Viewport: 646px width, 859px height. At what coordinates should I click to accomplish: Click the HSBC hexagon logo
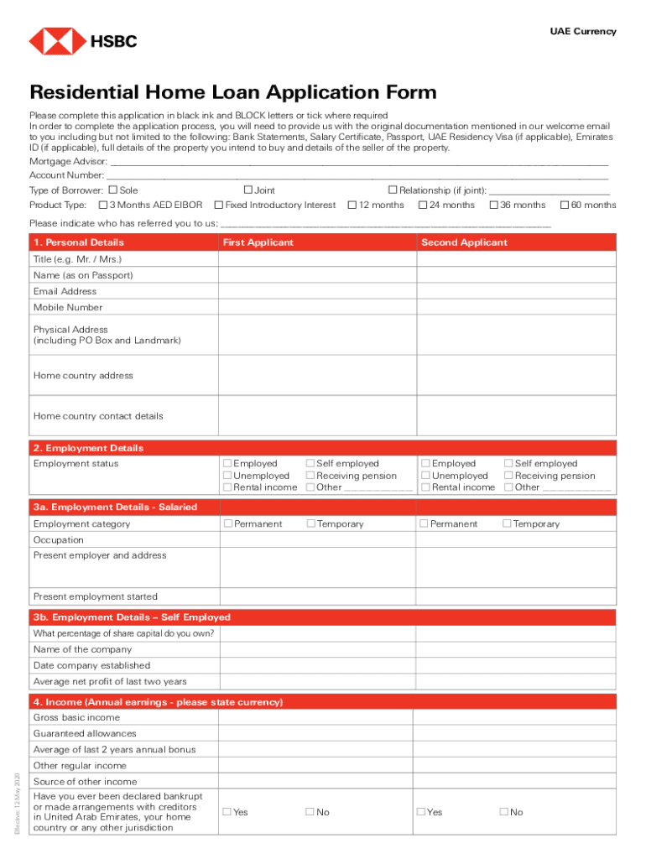(57, 40)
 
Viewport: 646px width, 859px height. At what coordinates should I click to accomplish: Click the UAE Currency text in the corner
(582, 32)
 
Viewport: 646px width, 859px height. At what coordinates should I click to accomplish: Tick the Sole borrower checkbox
(113, 190)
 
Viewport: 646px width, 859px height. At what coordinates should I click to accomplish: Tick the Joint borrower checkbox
(247, 190)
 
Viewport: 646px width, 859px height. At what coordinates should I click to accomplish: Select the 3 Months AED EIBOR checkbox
(103, 205)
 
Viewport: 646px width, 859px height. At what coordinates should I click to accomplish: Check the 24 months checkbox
(423, 205)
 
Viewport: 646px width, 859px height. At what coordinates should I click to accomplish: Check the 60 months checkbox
(565, 205)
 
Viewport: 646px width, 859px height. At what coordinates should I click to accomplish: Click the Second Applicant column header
(464, 242)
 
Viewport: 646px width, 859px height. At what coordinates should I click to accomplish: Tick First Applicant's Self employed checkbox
(310, 463)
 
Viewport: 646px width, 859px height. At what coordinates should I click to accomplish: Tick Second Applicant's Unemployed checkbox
(425, 476)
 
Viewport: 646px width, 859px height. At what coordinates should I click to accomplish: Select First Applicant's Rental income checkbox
(227, 487)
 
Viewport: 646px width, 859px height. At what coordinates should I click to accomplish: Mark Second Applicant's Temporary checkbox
(507, 524)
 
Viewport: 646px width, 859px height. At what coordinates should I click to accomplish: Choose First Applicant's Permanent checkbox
(227, 524)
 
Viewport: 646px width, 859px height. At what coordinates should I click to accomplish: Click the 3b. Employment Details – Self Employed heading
(132, 617)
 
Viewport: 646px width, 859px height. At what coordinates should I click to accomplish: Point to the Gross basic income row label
(76, 718)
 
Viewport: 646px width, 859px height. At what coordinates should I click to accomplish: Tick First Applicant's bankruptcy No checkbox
(310, 812)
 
